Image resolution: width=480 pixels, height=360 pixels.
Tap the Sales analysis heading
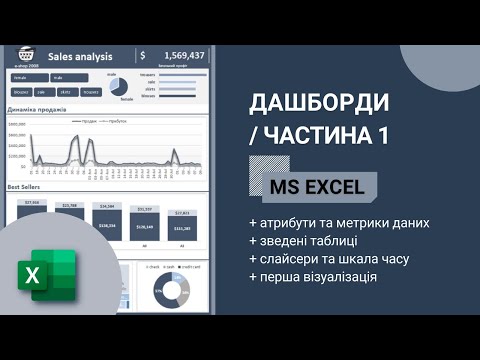79,56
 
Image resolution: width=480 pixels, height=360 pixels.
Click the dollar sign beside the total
144,55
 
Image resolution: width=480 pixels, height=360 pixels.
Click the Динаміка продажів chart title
37,109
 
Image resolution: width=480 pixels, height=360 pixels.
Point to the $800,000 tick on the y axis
17,133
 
